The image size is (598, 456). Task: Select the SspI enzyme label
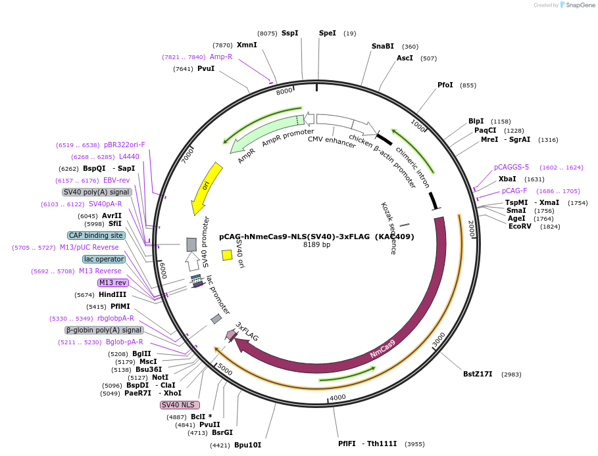coord(289,33)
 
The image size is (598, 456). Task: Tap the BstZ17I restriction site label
coord(477,374)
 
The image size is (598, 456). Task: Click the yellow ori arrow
coord(206,189)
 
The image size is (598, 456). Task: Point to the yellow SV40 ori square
coord(227,255)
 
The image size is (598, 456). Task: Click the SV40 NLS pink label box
coord(180,405)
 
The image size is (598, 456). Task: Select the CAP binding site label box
coord(96,235)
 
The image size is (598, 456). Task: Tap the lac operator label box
coord(104,259)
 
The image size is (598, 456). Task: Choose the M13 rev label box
coord(112,283)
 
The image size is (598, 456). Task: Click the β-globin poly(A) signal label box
coord(104,330)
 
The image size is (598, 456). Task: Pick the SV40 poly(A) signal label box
coord(97,192)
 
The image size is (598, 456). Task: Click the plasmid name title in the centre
coord(316,237)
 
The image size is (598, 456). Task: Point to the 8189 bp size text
coord(316,245)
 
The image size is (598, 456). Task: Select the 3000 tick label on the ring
coord(439,340)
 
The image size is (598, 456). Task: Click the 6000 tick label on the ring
coord(162,269)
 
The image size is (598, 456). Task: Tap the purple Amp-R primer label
coord(220,57)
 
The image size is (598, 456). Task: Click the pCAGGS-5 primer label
coord(511,167)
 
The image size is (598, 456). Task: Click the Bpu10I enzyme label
coord(247,445)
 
